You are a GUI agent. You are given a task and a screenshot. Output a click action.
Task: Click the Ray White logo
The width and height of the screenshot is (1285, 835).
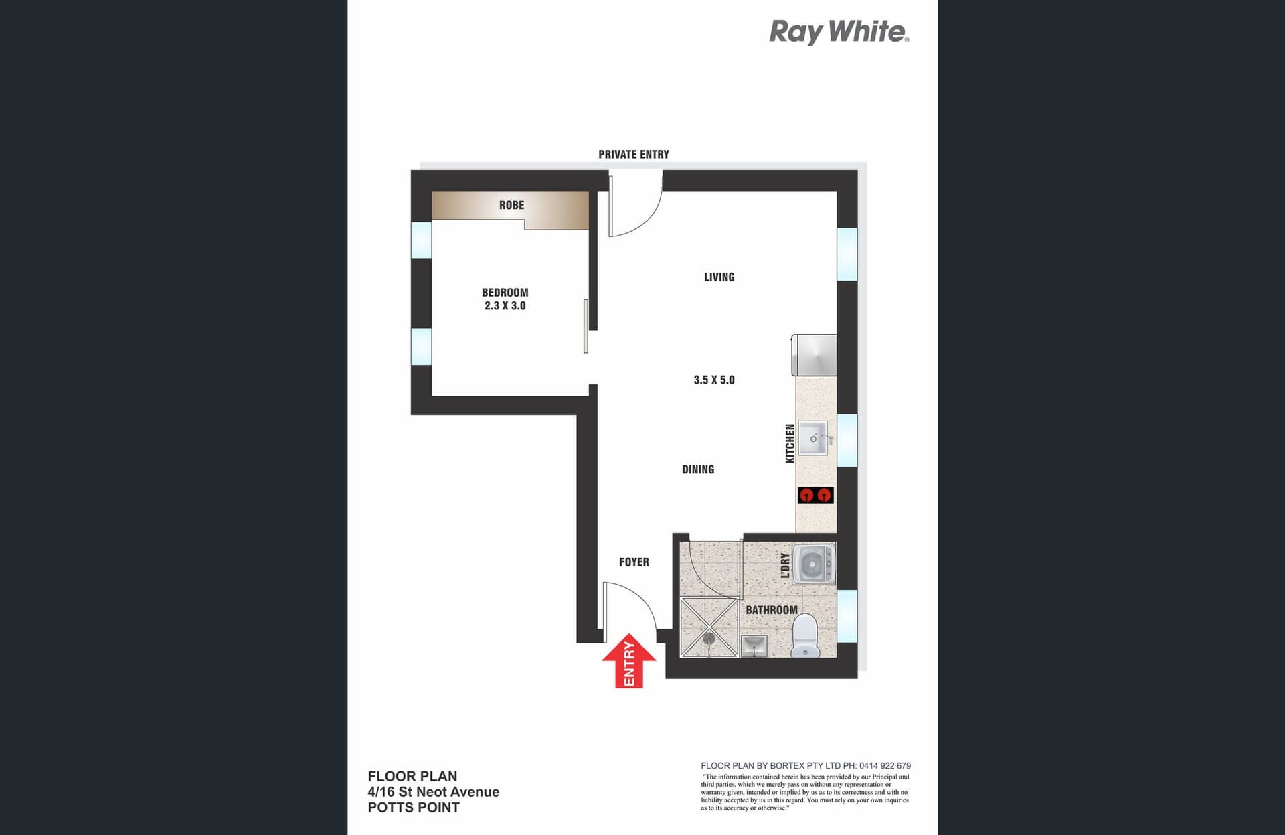(839, 31)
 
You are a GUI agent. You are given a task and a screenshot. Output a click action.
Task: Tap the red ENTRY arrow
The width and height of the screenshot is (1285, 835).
(628, 661)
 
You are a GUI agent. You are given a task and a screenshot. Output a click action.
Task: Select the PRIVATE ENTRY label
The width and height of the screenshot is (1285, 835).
(633, 154)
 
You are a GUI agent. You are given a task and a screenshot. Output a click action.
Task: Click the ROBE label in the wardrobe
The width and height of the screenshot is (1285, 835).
(511, 205)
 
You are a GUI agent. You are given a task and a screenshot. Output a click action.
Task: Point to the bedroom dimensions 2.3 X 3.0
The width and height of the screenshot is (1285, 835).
(505, 305)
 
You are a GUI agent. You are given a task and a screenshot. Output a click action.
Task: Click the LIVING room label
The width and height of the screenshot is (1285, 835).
(719, 277)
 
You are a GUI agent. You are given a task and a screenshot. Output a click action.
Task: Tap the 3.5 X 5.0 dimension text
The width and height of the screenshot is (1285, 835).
(713, 380)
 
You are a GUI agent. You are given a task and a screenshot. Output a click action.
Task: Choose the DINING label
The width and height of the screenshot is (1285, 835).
(697, 469)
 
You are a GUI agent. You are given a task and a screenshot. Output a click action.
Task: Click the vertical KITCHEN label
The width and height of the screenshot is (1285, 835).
(790, 443)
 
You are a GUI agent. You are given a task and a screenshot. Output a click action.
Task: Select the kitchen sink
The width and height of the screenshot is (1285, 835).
(813, 439)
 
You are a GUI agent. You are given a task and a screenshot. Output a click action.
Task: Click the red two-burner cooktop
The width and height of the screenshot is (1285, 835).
(815, 495)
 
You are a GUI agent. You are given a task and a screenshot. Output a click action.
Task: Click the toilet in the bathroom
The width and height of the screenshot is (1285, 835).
(804, 636)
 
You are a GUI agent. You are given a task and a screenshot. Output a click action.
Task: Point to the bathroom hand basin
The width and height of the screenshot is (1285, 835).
(754, 646)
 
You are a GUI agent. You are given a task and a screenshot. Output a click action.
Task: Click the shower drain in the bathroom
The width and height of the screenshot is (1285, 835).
(709, 638)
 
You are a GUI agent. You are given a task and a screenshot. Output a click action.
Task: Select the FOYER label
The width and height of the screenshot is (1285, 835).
(633, 562)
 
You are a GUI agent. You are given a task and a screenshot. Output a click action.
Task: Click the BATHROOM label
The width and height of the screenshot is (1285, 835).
(771, 609)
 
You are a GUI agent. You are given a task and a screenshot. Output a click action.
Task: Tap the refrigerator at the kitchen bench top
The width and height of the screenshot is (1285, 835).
(815, 355)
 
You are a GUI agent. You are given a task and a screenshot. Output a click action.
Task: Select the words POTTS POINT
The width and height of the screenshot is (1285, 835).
(414, 807)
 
